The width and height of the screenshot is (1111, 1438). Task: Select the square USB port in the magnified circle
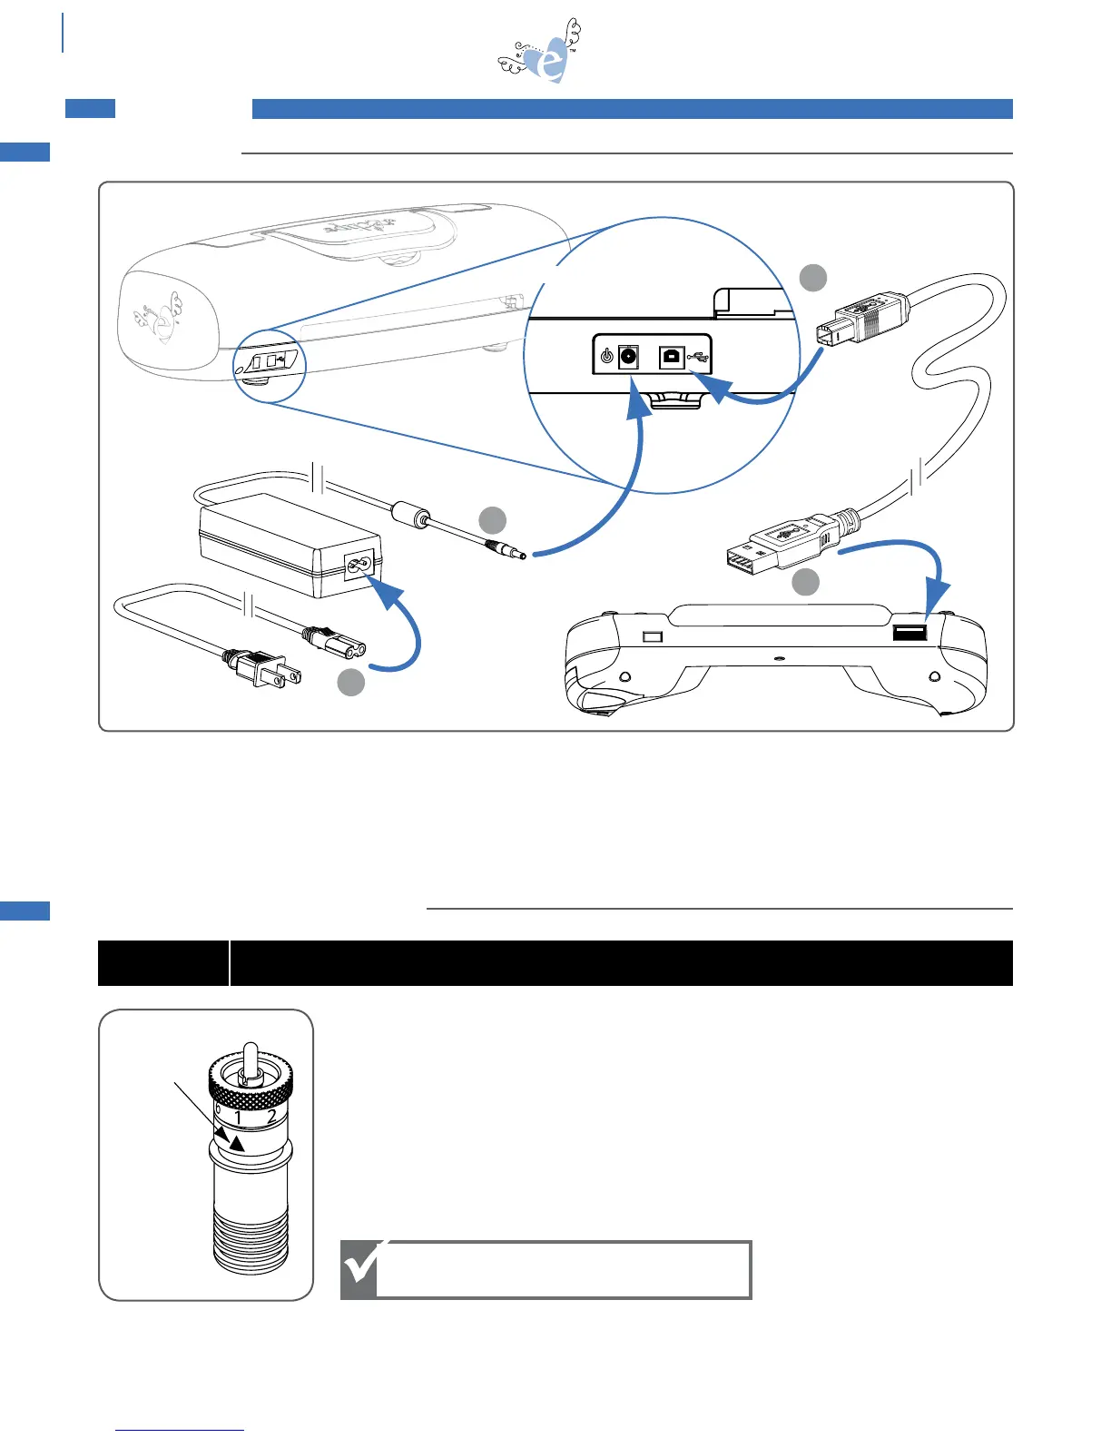671,356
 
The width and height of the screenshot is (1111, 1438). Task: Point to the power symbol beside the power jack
606,357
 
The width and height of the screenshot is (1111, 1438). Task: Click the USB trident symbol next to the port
697,357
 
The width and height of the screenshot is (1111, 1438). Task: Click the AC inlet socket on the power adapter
359,568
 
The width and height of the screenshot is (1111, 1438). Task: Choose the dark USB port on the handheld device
909,632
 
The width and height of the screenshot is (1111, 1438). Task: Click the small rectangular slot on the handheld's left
652,636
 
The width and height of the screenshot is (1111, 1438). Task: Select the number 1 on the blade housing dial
239,1118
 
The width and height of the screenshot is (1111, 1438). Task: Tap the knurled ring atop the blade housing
251,1080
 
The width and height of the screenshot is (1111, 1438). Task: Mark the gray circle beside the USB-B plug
812,278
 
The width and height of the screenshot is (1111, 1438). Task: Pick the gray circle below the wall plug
351,683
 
